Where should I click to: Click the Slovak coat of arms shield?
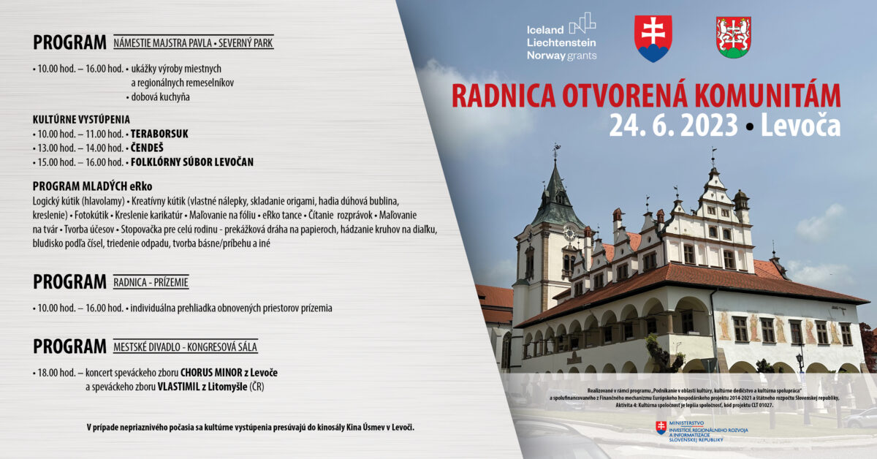click(653, 39)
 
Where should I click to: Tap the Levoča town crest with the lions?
click(733, 37)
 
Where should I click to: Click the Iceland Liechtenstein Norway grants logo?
click(561, 37)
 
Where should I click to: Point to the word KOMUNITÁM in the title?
click(767, 95)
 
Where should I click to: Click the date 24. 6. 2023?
click(673, 126)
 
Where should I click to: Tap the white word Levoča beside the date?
click(800, 126)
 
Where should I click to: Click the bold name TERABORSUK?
click(159, 134)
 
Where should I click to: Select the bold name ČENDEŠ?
click(147, 148)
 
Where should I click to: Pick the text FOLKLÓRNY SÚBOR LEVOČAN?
click(191, 162)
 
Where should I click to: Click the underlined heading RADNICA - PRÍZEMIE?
click(151, 282)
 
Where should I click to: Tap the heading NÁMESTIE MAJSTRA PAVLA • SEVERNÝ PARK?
click(194, 43)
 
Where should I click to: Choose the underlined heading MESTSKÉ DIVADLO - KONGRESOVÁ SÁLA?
click(186, 347)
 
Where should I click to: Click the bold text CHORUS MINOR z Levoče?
click(229, 373)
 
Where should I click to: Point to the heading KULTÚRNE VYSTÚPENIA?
click(81, 119)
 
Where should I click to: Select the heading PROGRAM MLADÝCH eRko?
click(92, 186)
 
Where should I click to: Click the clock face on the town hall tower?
click(569, 233)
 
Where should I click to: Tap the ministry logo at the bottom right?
click(702, 431)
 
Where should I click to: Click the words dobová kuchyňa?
click(160, 97)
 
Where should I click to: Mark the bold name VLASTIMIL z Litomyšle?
click(202, 387)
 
